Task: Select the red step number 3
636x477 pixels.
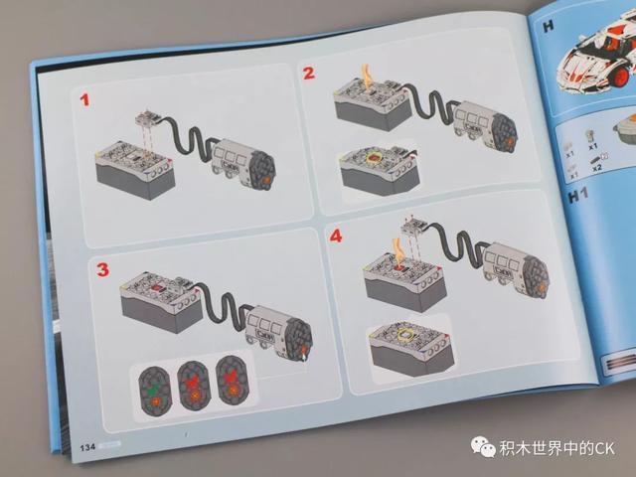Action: pos(101,269)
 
